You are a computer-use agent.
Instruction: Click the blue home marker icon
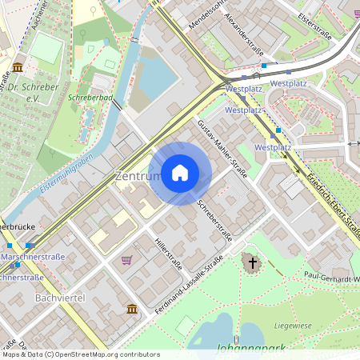[180, 173]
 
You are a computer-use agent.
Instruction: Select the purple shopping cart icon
[126, 260]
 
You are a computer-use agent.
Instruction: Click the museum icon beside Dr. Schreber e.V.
[18, 66]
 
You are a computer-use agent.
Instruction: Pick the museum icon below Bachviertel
[132, 309]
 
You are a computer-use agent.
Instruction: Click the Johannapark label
[251, 349]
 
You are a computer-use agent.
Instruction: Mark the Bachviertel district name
[59, 298]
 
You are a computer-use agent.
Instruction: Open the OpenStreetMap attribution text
[80, 354]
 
